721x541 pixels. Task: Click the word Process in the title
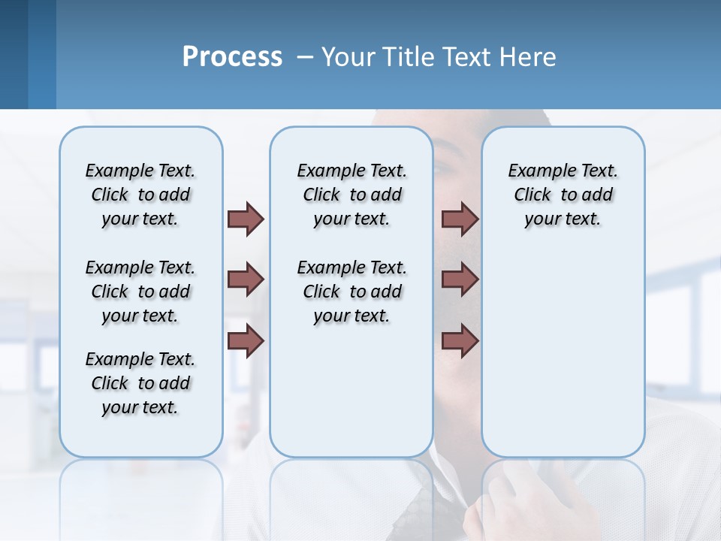pyautogui.click(x=232, y=57)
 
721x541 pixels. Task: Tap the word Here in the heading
pyautogui.click(x=530, y=57)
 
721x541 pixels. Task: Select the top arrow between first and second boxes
pyautogui.click(x=246, y=219)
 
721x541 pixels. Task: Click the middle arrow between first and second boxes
pyautogui.click(x=246, y=280)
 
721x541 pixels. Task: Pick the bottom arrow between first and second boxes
pyautogui.click(x=246, y=340)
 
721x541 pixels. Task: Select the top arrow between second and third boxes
pyautogui.click(x=460, y=219)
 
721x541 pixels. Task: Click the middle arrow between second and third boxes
pyautogui.click(x=460, y=280)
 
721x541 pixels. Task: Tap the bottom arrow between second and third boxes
pyautogui.click(x=460, y=340)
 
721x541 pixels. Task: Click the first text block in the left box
pyautogui.click(x=140, y=195)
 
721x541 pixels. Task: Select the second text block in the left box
pyautogui.click(x=140, y=292)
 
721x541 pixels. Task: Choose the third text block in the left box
pyautogui.click(x=140, y=383)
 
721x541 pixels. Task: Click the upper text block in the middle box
pyautogui.click(x=351, y=195)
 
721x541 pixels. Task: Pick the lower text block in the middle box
pyautogui.click(x=351, y=292)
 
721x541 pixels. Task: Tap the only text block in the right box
pyautogui.click(x=563, y=195)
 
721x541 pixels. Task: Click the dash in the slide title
pyautogui.click(x=305, y=58)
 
